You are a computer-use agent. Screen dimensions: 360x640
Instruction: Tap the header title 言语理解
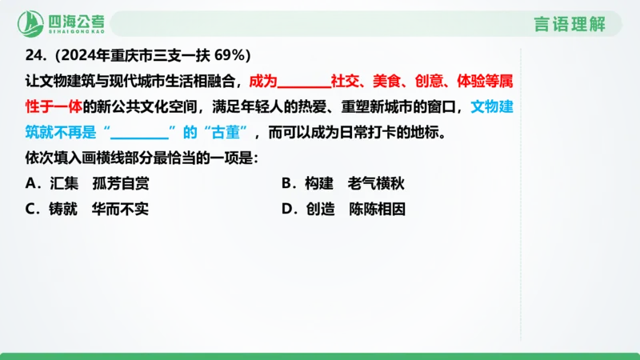570,23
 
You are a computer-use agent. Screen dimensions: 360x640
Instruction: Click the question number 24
34,55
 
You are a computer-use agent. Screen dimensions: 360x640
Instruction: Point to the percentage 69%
234,55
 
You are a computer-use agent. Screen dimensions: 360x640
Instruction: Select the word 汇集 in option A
65,183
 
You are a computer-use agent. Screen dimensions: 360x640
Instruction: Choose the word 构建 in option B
318,183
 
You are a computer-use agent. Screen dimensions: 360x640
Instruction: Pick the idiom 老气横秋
376,183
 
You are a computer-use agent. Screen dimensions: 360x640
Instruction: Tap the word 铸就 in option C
64,210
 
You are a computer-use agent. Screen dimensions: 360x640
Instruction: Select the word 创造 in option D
318,210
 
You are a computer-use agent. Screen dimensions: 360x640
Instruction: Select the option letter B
286,183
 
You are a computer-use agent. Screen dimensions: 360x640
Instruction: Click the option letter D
287,210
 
